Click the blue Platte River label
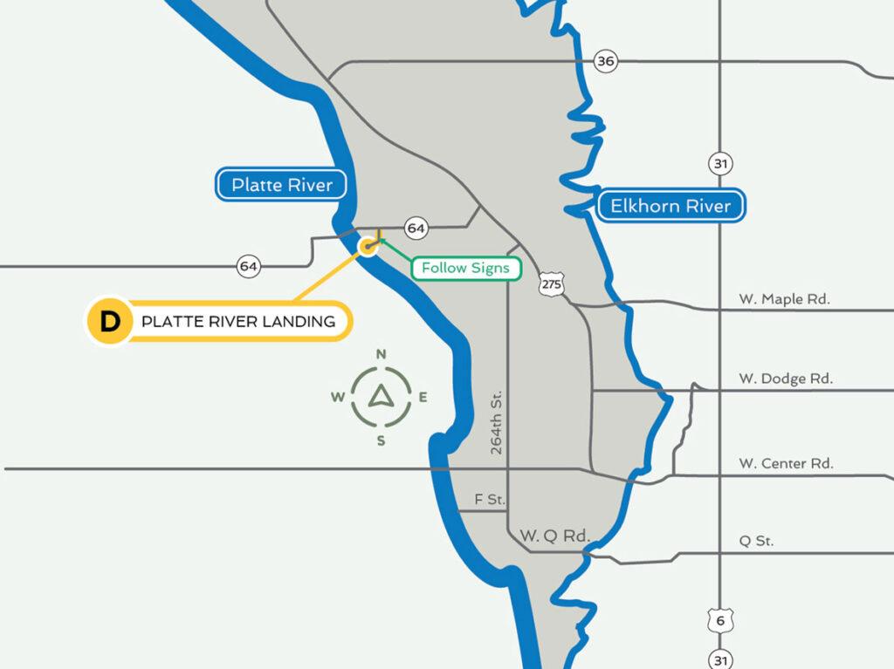[x=281, y=185]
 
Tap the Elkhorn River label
[x=670, y=207]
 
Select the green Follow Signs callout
[x=465, y=268]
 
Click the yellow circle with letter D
[x=109, y=321]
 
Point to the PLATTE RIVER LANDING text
[x=238, y=321]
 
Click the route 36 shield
[x=605, y=61]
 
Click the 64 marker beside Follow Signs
[x=416, y=229]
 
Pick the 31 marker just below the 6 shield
[x=720, y=659]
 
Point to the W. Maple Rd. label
[x=784, y=299]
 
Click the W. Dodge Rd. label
[x=786, y=379]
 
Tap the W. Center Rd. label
[x=786, y=463]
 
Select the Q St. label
[x=756, y=541]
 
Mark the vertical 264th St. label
[x=497, y=422]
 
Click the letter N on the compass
[x=381, y=354]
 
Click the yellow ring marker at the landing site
[x=368, y=247]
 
